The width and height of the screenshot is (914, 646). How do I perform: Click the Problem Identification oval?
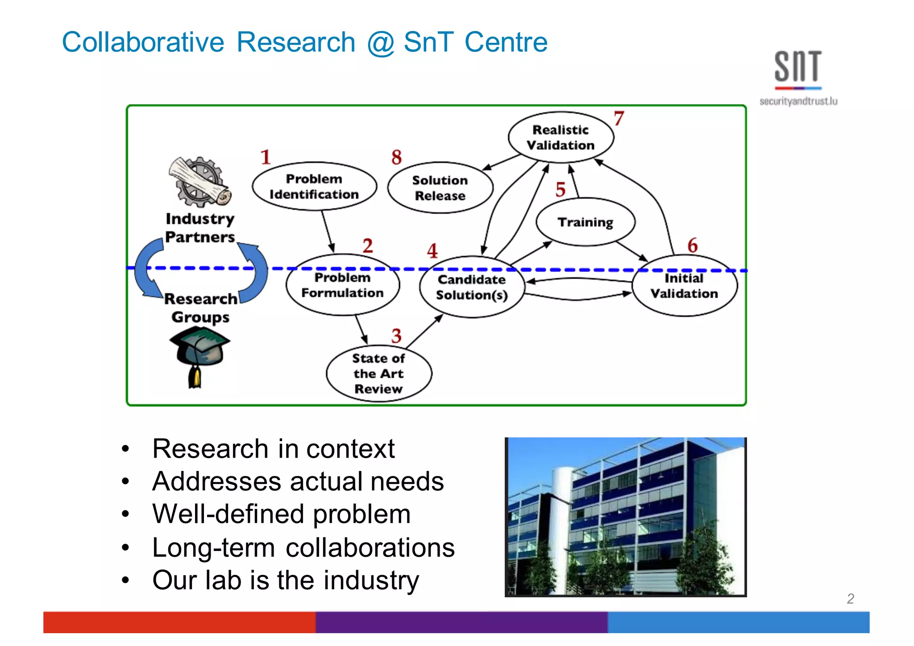(x=314, y=187)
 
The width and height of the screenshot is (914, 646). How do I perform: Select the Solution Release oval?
(x=440, y=188)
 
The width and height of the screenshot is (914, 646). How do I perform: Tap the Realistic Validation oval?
(x=561, y=138)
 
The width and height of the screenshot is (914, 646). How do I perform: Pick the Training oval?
(x=585, y=222)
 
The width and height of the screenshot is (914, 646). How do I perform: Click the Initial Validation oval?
(x=684, y=286)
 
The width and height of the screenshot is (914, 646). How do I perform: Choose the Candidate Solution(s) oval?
(x=472, y=287)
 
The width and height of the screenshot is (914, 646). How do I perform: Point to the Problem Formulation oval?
(x=342, y=285)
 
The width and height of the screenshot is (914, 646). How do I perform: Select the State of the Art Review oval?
(x=378, y=374)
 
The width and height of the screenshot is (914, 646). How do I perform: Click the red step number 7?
(x=619, y=119)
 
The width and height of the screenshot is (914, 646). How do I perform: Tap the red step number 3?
(x=396, y=336)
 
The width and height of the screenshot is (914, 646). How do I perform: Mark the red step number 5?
(x=561, y=190)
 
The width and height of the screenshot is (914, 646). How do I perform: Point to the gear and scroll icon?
(x=199, y=182)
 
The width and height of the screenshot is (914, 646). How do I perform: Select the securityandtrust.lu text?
(x=798, y=102)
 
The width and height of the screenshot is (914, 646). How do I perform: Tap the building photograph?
(x=625, y=517)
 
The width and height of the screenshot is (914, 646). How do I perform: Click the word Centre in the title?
(x=506, y=42)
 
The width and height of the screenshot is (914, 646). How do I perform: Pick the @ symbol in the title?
(x=380, y=43)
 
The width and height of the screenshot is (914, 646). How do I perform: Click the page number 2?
(x=850, y=599)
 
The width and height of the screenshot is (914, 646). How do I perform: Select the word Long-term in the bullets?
(x=213, y=548)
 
